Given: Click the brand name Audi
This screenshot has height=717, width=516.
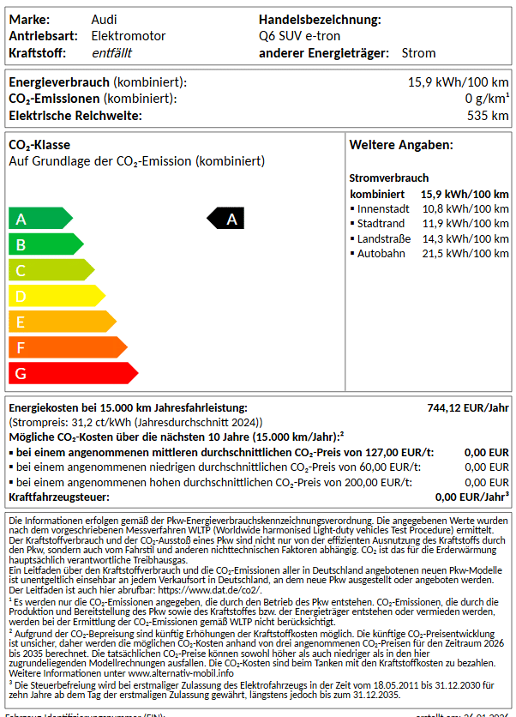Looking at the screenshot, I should click(105, 20).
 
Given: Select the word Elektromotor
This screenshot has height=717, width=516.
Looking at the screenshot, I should click(129, 36).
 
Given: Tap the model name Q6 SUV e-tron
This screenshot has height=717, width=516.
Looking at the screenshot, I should click(299, 36).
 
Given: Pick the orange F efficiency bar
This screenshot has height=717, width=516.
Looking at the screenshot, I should click(65, 347).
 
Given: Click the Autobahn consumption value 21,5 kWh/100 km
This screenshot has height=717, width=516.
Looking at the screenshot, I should click(465, 254).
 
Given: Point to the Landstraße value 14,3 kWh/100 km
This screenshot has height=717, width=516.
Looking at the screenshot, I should click(465, 238).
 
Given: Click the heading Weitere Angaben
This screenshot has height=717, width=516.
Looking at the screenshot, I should click(401, 146).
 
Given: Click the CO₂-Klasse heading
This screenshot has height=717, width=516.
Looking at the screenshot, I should click(39, 145).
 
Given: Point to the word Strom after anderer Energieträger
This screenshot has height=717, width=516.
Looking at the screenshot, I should click(419, 53).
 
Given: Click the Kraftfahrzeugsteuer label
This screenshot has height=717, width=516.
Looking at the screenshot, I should click(61, 497).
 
